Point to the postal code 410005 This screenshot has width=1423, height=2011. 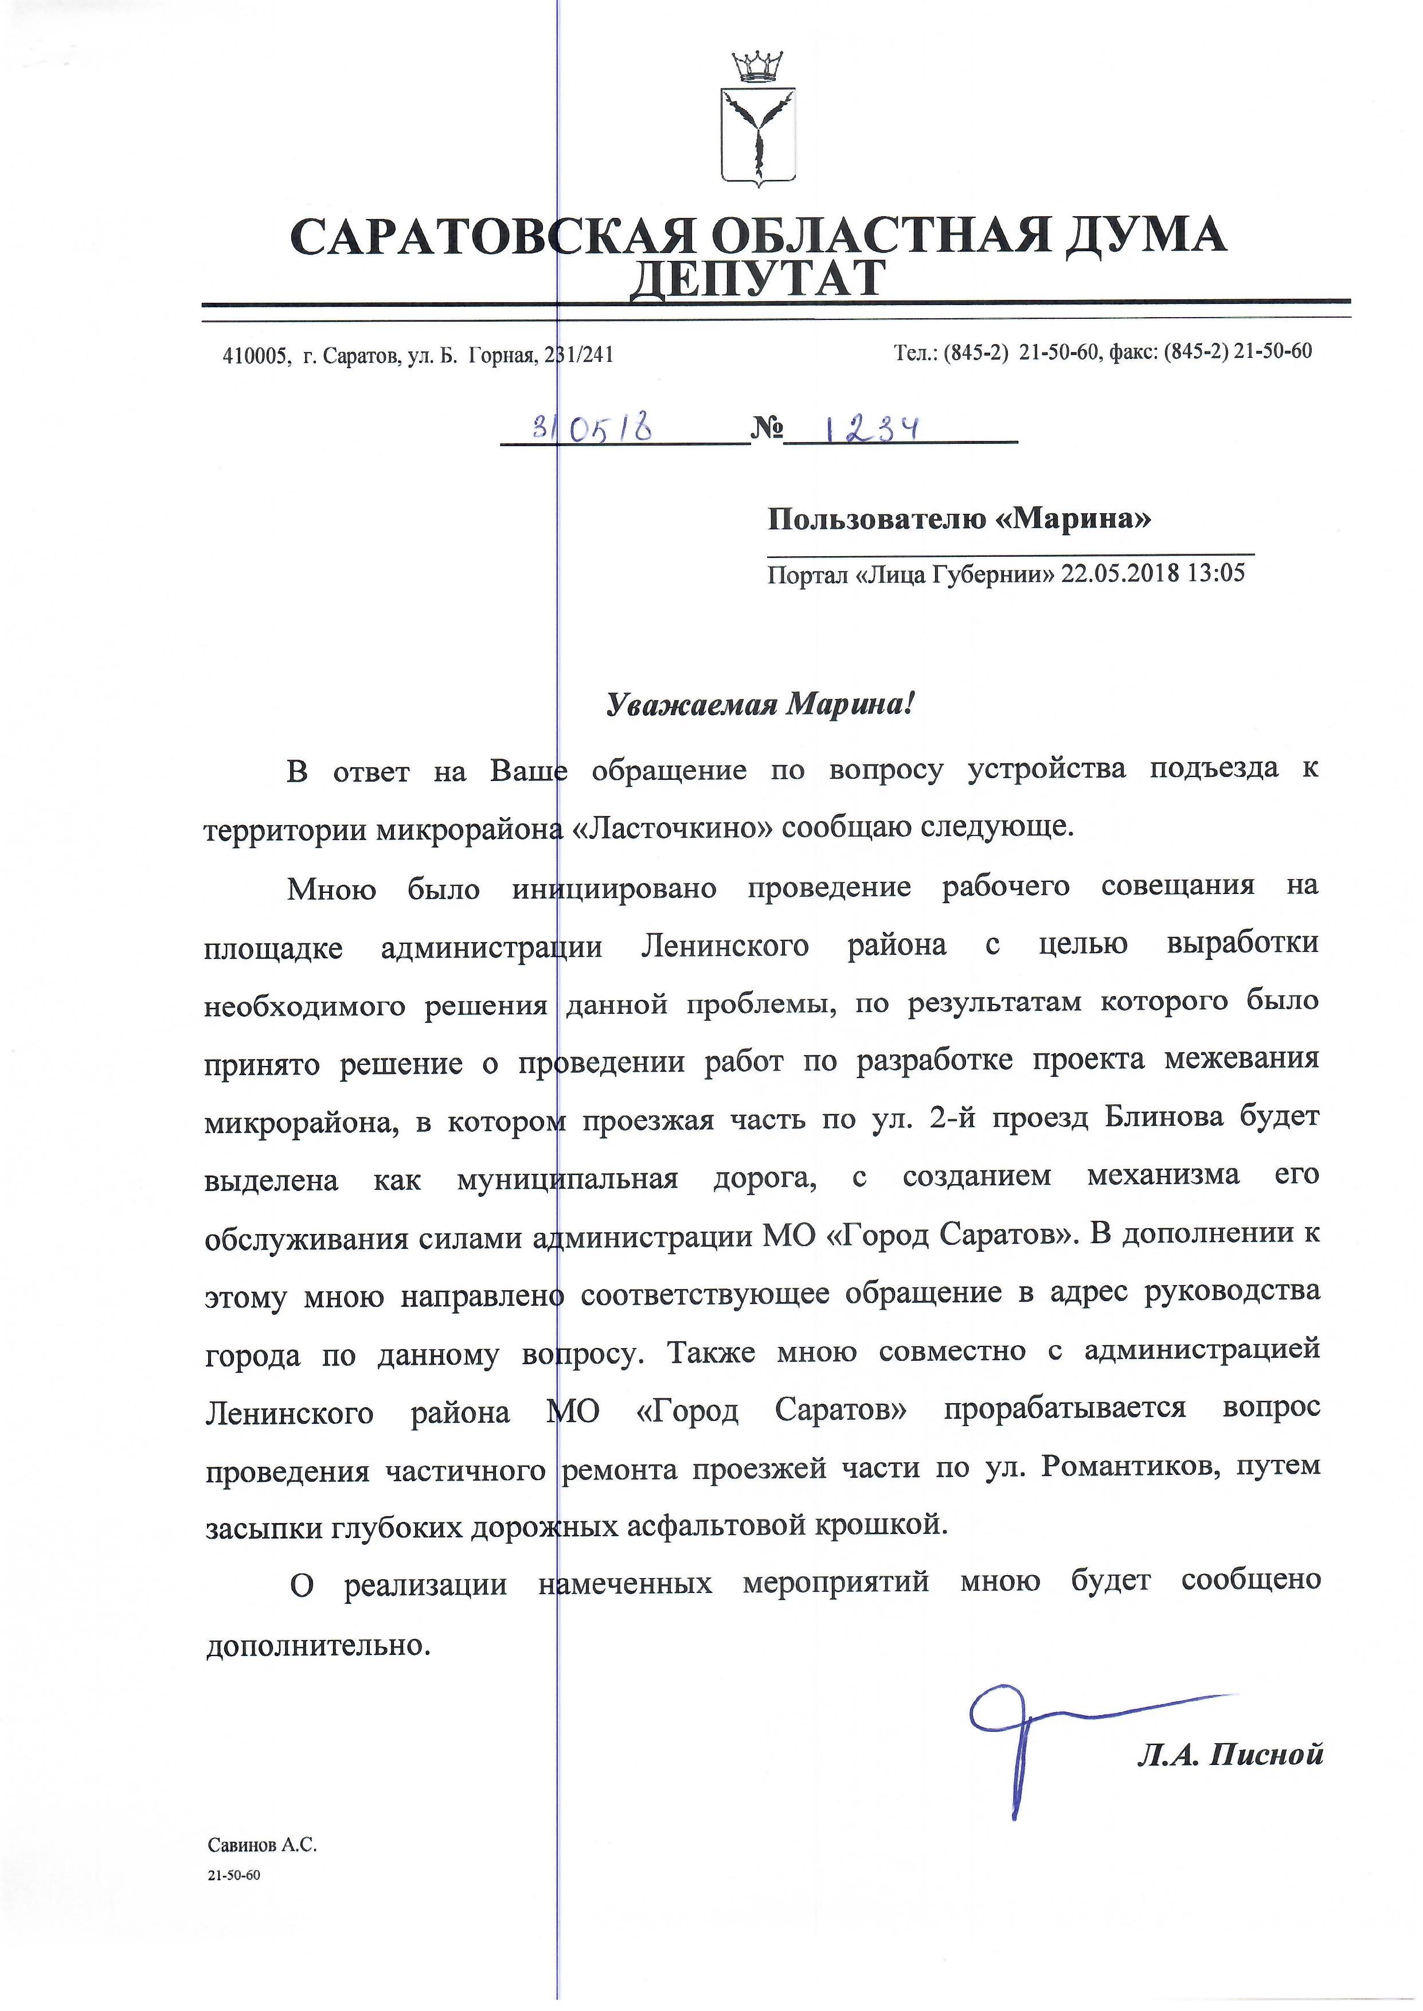(255, 356)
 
